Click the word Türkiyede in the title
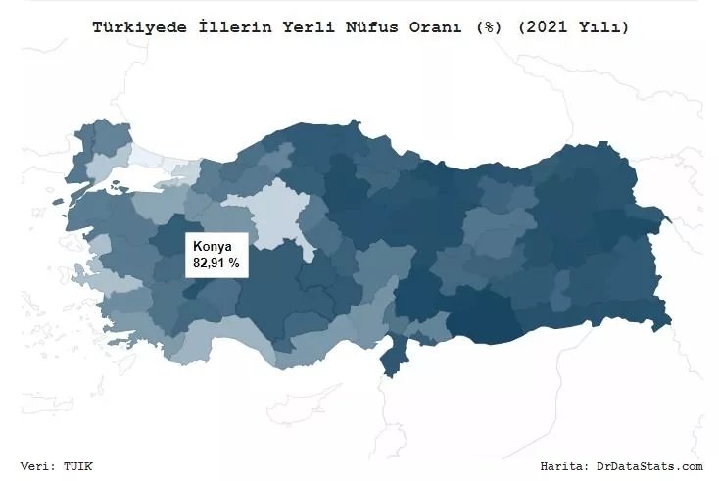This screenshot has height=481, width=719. (x=131, y=28)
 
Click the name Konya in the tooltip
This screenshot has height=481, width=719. (x=213, y=247)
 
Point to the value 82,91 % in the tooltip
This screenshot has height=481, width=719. (x=216, y=264)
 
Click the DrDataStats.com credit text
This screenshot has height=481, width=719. (x=651, y=466)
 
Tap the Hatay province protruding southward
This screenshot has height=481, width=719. (x=394, y=358)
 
